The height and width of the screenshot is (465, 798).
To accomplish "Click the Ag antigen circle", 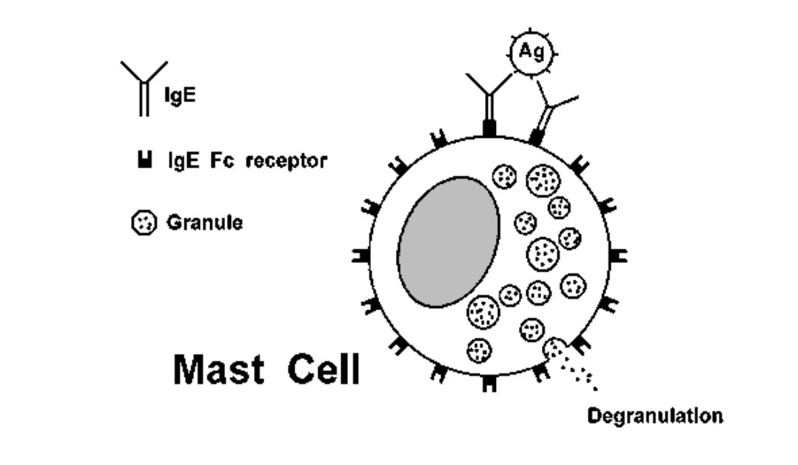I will click(530, 53).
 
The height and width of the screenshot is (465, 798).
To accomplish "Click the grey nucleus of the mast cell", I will click(448, 242).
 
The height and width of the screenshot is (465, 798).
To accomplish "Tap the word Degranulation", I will click(654, 415).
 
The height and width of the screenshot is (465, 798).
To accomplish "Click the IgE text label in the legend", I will click(180, 95).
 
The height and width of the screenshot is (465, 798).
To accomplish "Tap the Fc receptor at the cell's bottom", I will click(489, 384).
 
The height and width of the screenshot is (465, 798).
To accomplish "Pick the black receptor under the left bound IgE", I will click(489, 127).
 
